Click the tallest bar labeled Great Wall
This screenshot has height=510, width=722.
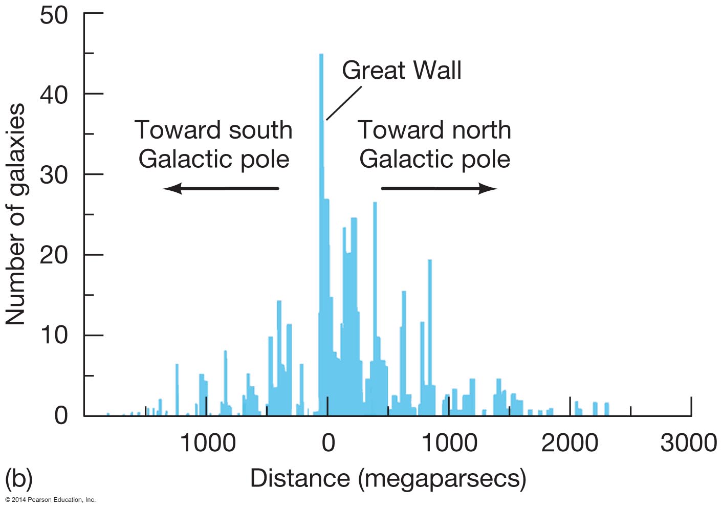tap(321, 153)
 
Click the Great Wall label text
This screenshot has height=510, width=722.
tap(401, 70)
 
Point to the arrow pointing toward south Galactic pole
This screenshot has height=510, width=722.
tap(221, 189)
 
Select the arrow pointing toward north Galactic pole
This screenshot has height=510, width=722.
tap(440, 189)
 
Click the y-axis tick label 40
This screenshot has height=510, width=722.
tap(53, 95)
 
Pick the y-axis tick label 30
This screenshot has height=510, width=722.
tap(53, 175)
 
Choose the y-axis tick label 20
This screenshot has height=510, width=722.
tap(53, 255)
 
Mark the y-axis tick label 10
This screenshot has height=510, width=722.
tap(53, 336)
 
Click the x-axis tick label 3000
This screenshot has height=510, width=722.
tap(688, 443)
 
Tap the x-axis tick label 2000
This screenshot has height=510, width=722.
tap(570, 443)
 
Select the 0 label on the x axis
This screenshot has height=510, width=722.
tap(328, 443)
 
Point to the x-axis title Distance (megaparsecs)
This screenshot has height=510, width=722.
tap(388, 479)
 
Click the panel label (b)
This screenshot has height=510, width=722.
tap(18, 479)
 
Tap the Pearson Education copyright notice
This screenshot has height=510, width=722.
tap(50, 500)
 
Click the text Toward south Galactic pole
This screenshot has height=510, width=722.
tap(213, 144)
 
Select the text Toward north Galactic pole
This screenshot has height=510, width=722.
tap(434, 144)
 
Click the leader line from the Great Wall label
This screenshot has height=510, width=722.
tap(344, 103)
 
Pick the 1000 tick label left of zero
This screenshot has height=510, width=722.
tap(208, 443)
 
